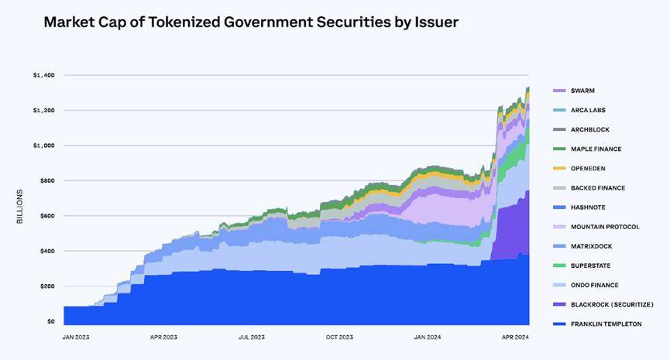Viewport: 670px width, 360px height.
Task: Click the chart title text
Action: (x=251, y=22)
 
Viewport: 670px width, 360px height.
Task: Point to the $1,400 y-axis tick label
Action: (x=43, y=75)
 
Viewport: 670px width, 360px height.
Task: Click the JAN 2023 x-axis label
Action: (x=77, y=338)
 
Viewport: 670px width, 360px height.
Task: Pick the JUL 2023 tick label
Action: (x=252, y=338)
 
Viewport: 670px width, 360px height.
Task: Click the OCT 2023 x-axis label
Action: (x=338, y=338)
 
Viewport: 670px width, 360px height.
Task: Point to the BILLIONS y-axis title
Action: (x=21, y=206)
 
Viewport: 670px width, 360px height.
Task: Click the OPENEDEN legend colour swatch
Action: (x=558, y=168)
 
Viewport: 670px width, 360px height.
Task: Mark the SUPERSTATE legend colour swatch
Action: (x=558, y=266)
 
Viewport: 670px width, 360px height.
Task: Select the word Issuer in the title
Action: (x=434, y=22)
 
